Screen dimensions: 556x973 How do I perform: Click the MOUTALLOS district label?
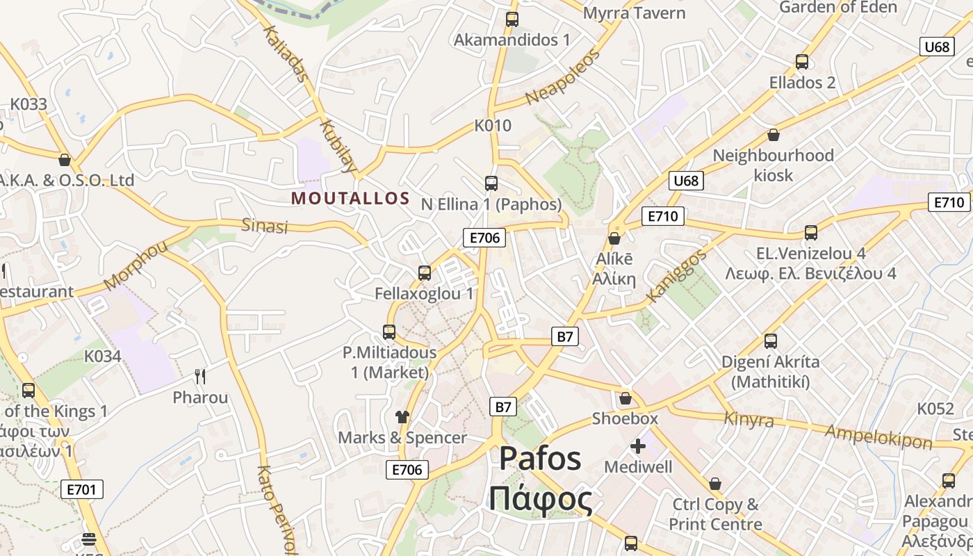point(350,198)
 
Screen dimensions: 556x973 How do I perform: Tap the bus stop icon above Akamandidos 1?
point(512,19)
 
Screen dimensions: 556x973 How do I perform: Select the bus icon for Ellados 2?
point(802,62)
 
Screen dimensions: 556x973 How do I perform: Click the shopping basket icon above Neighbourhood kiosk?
point(773,135)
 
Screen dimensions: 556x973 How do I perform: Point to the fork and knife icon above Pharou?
point(200,377)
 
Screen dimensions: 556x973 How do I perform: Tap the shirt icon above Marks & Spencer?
point(402,417)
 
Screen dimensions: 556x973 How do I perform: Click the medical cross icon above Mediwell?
point(638,446)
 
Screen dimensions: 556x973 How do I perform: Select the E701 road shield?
point(82,489)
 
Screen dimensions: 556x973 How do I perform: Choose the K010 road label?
point(493,126)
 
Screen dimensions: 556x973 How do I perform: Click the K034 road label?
point(103,357)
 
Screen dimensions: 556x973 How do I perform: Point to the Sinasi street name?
point(264,226)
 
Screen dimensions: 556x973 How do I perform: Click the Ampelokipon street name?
point(878,436)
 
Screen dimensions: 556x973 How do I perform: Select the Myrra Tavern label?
point(634,13)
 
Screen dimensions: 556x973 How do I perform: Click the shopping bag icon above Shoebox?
point(625,398)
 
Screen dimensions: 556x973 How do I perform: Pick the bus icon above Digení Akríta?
point(770,341)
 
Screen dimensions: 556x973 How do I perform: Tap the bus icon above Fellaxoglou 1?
point(425,273)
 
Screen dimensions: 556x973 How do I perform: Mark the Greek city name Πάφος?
point(540,499)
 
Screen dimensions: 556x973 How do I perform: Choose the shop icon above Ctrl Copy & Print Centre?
point(715,484)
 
